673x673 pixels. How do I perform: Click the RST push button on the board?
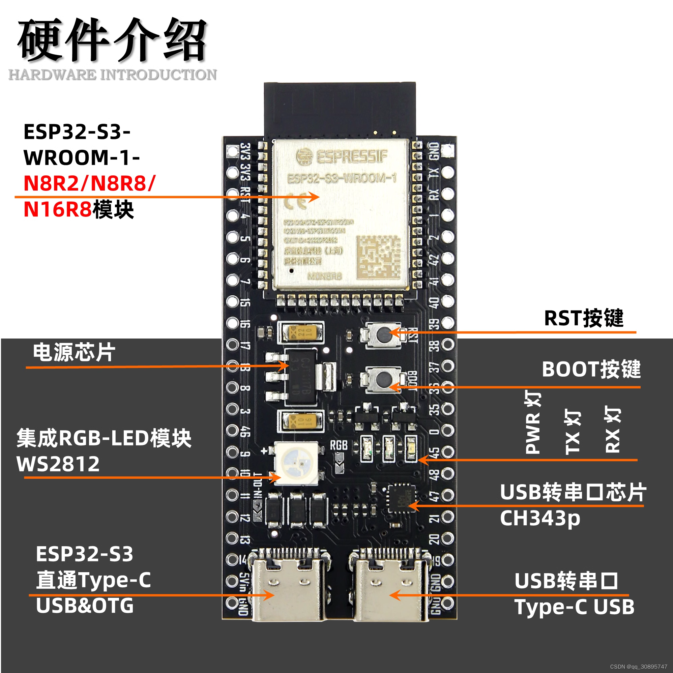pyautogui.click(x=383, y=335)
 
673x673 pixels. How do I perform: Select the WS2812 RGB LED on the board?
pyautogui.click(x=296, y=463)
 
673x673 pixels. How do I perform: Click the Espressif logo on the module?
pyautogui.click(x=341, y=157)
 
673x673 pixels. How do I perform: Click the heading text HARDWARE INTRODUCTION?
pyautogui.click(x=112, y=75)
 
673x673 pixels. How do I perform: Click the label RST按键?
pyautogui.click(x=583, y=318)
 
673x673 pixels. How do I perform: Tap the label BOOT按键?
pyautogui.click(x=591, y=369)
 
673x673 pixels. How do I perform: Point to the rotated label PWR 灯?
pyautogui.click(x=533, y=422)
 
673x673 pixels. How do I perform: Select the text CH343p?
pyautogui.click(x=540, y=518)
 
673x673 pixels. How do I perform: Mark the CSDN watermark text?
pyautogui.click(x=638, y=666)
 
